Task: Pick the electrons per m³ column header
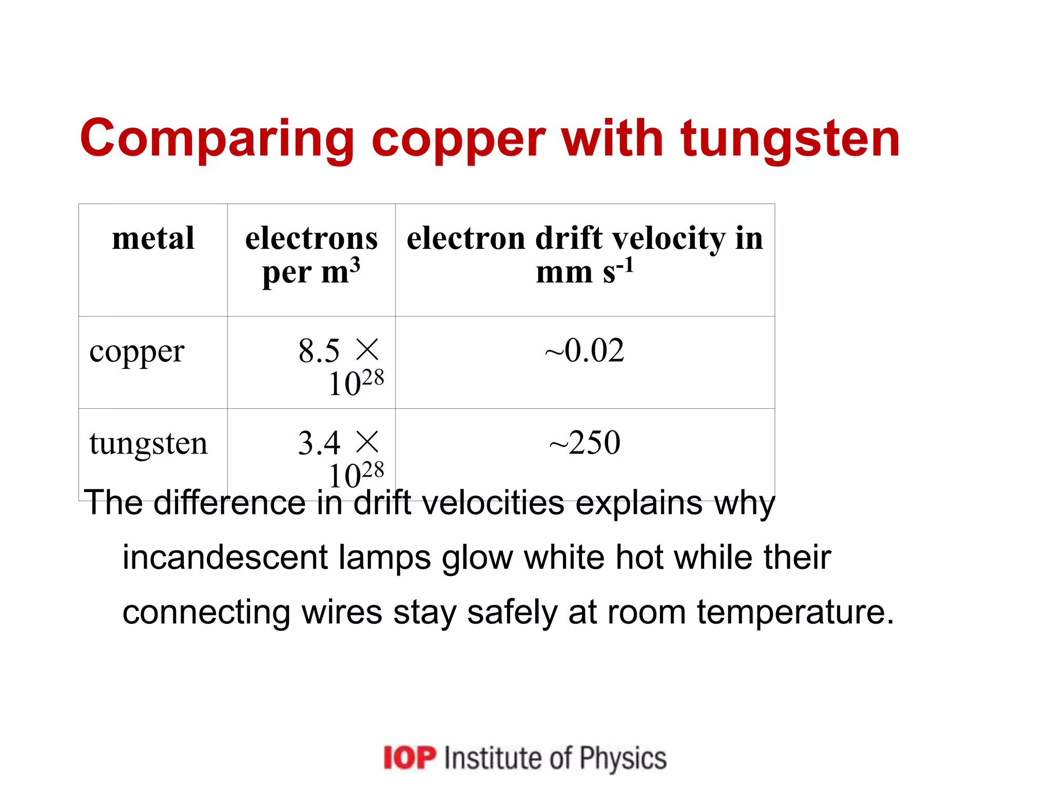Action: (311, 255)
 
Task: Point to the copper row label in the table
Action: (137, 352)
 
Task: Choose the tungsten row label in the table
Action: (148, 443)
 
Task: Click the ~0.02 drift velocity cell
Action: (585, 351)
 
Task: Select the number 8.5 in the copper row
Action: (319, 351)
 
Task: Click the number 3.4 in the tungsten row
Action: (319, 443)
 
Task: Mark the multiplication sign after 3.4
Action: (367, 442)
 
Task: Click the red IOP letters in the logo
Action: (410, 758)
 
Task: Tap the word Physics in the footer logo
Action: (623, 758)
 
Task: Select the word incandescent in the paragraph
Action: (225, 558)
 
